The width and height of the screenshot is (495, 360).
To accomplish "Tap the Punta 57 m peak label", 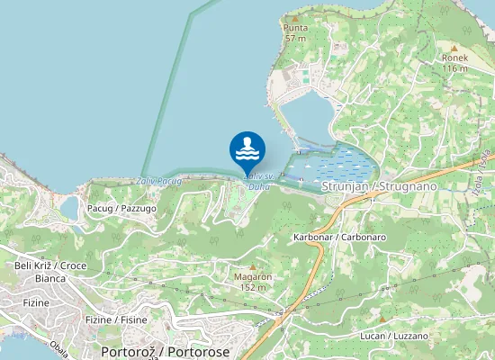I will click(295, 33).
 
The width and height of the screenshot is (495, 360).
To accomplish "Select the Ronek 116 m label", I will click(454, 62).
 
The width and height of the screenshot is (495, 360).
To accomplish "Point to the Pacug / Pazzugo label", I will click(121, 208).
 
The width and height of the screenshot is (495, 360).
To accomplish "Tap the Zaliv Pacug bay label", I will click(160, 181).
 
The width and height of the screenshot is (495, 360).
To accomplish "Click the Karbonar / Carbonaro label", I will click(339, 237).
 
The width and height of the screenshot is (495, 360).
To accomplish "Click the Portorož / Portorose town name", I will click(166, 352).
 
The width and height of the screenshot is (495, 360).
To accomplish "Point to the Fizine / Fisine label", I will click(115, 319).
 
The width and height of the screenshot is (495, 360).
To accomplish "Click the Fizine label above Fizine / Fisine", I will click(36, 303).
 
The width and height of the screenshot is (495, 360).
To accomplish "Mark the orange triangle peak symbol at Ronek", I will click(454, 47).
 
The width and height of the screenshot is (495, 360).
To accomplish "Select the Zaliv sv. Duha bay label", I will click(257, 182).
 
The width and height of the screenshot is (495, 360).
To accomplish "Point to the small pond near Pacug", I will click(68, 208).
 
